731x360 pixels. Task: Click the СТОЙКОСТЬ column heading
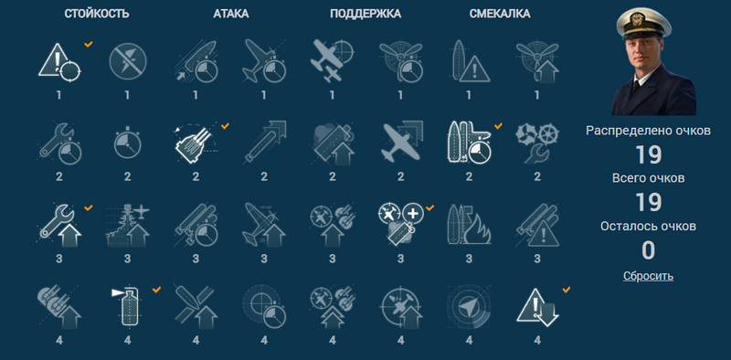[97, 14]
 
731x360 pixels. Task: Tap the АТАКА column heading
[231, 14]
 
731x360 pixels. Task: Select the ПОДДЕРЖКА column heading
[365, 14]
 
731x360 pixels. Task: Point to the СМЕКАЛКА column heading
[499, 14]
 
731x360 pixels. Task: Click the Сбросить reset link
[648, 276]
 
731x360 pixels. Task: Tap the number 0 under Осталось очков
[648, 250]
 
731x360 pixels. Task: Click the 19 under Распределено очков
[648, 155]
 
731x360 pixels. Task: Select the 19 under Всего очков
[648, 203]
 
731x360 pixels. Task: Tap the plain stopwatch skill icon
[127, 143]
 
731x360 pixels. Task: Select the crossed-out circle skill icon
[127, 61]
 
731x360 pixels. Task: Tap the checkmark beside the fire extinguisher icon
[156, 290]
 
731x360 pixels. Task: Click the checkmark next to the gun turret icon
[225, 126]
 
